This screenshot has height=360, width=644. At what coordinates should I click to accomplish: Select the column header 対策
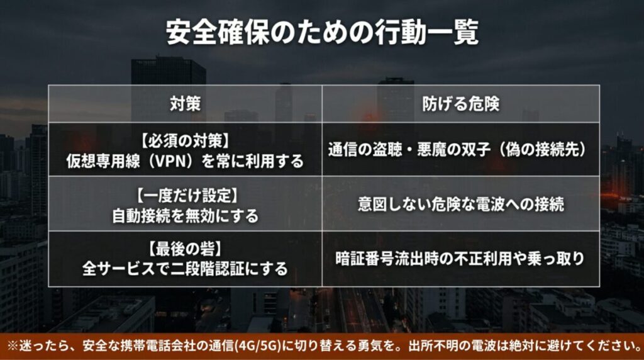185,104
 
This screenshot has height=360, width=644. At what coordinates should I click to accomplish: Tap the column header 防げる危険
461,104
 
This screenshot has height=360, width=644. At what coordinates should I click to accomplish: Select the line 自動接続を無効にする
185,215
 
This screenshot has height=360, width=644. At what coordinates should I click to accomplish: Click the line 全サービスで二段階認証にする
185,269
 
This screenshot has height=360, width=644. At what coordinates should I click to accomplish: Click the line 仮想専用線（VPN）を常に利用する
185,160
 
